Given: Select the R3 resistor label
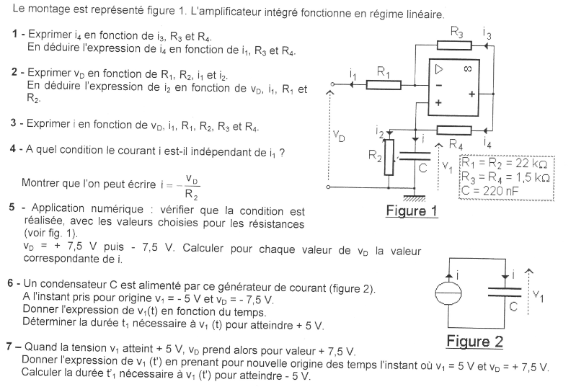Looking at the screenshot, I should pos(456,32).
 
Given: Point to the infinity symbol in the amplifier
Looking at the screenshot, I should pos(467,69).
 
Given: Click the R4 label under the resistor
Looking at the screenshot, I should pos(456,144).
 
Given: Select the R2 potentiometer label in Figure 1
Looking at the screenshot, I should pos(373,158).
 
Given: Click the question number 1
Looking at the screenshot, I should pos(16,35).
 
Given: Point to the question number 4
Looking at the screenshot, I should pos(14,149).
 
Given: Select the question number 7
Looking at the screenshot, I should pos(10,350).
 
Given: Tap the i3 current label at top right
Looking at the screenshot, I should pos(488,35).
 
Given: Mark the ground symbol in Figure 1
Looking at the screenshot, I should pos(414,197).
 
